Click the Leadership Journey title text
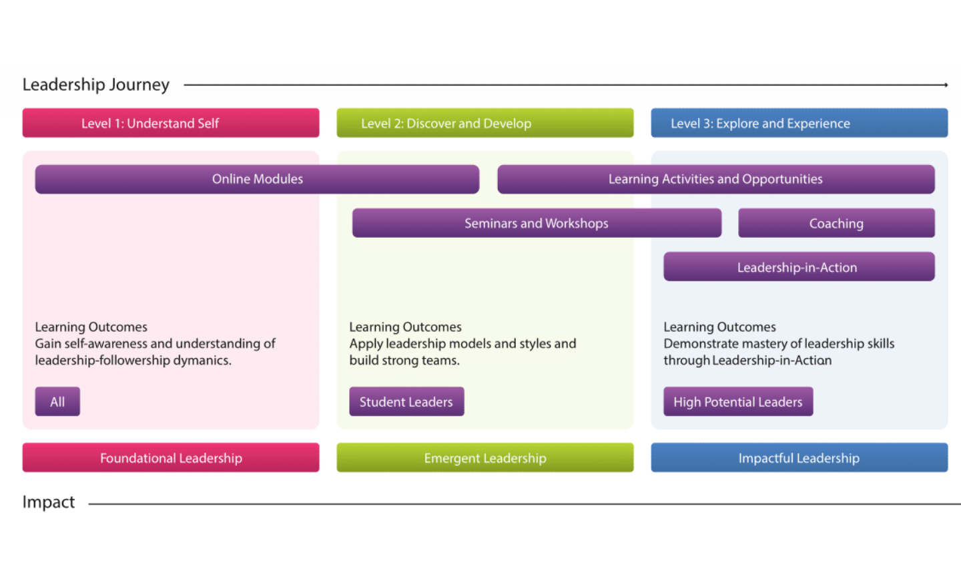[x=95, y=85]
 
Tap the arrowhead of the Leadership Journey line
[x=945, y=85]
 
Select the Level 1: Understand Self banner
[x=171, y=123]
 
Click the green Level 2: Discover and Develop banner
[x=485, y=123]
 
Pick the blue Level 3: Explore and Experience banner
[x=799, y=123]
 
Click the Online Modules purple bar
[x=257, y=179]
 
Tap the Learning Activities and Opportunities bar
[x=715, y=179]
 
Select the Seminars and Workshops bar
[x=537, y=223]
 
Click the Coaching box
[x=836, y=223]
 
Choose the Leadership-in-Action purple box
[x=798, y=267]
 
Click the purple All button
[x=57, y=401]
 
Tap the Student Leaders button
[x=406, y=401]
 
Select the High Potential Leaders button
[x=738, y=401]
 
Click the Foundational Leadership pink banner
[x=171, y=457]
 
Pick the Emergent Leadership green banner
[x=485, y=457]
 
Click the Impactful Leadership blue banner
[x=799, y=457]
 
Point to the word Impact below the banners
[x=49, y=502]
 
